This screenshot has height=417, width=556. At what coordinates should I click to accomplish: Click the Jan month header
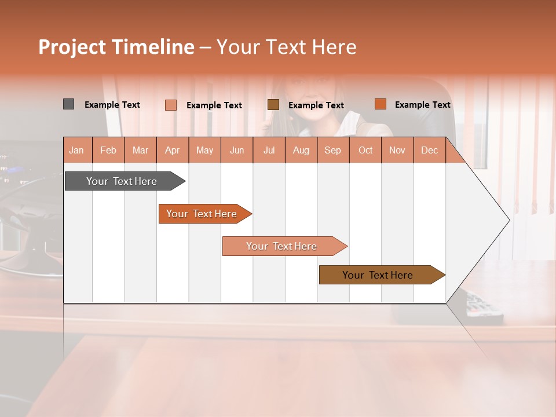pos(76,150)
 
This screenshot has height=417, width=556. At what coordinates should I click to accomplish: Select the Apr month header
pos(172,150)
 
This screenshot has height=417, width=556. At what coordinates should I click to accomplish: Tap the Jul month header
pos(269,150)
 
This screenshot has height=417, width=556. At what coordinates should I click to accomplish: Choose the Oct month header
pos(365,150)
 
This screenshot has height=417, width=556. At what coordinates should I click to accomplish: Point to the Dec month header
pos(429,150)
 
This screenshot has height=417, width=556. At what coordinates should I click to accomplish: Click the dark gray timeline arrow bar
pos(122,181)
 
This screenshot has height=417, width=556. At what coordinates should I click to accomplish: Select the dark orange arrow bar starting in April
pos(202,214)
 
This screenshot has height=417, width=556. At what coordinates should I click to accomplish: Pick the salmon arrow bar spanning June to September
pos(282,246)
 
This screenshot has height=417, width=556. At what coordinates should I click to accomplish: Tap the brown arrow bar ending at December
pos(378,275)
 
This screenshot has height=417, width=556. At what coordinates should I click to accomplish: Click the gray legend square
pos(68,104)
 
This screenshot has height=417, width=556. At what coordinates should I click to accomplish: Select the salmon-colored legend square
pos(170,105)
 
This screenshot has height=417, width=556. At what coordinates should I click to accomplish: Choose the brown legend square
pos(273,104)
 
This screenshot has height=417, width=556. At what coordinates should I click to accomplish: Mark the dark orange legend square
pos(380,104)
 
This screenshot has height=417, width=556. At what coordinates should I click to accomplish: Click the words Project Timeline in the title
pos(116,47)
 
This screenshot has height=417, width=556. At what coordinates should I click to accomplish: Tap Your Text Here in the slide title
pos(286,47)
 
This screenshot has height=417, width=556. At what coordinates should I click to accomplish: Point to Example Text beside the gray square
pos(112,105)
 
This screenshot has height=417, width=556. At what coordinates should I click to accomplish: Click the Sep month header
pos(332,150)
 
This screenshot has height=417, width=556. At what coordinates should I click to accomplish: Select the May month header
pos(204,150)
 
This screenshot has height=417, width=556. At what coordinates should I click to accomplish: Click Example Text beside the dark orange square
pos(422,105)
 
